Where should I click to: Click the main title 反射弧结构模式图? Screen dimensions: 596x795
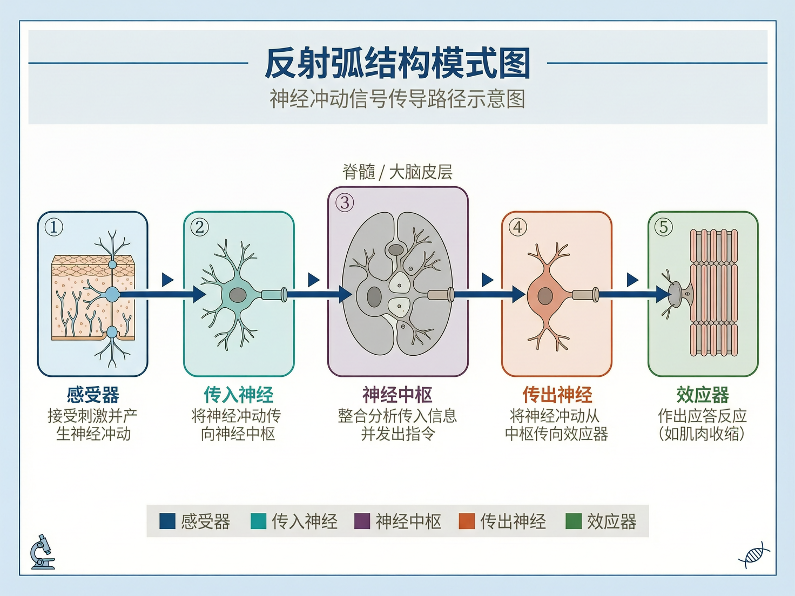pyautogui.click(x=398, y=64)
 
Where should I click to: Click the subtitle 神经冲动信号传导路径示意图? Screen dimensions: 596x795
pyautogui.click(x=398, y=99)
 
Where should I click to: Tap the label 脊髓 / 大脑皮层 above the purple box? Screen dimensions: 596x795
pyautogui.click(x=398, y=172)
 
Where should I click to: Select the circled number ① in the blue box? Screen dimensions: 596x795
pyautogui.click(x=53, y=227)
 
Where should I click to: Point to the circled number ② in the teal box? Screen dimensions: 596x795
pyautogui.click(x=199, y=227)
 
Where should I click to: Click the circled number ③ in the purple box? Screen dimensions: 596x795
pyautogui.click(x=345, y=203)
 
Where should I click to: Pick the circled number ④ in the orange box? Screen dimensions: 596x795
pyautogui.click(x=517, y=227)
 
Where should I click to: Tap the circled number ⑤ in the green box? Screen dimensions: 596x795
pyautogui.click(x=663, y=227)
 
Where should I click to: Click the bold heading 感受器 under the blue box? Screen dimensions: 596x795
pyautogui.click(x=93, y=395)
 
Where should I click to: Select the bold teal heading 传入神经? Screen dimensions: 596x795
pyautogui.click(x=238, y=395)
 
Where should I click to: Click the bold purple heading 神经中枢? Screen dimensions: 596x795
pyautogui.click(x=398, y=395)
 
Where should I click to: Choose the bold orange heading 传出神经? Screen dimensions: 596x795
pyautogui.click(x=557, y=395)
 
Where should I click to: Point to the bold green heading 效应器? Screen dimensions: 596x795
pyautogui.click(x=703, y=395)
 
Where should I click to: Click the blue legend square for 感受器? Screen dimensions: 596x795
pyautogui.click(x=167, y=521)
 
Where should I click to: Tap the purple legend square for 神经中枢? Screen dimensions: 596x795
pyautogui.click(x=362, y=521)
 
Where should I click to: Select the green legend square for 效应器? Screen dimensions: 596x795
pyautogui.click(x=573, y=521)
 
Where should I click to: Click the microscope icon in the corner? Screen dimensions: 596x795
pyautogui.click(x=42, y=553)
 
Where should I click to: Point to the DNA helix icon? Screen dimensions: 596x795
pyautogui.click(x=754, y=555)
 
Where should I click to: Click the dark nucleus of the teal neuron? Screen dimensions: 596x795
pyautogui.click(x=238, y=295)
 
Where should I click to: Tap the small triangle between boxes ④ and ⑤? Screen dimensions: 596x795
pyautogui.click(x=632, y=280)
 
